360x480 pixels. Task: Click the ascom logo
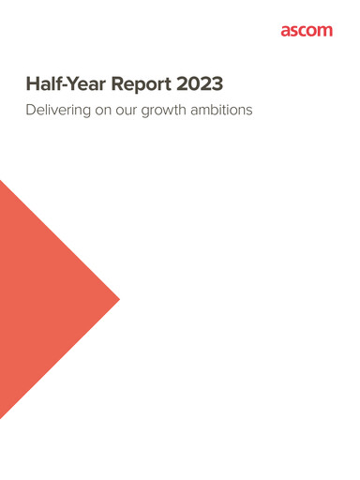point(306,31)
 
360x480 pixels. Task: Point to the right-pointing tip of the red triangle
point(118,299)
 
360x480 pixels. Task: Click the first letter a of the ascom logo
point(285,31)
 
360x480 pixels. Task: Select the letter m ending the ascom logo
point(324,31)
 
